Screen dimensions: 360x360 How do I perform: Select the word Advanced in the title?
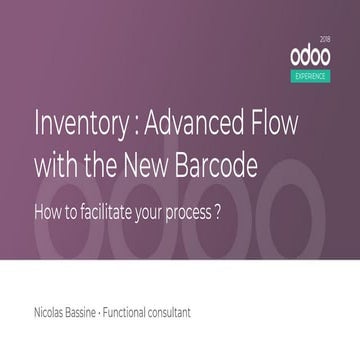pyautogui.click(x=194, y=130)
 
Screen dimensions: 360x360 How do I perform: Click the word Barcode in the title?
pyautogui.click(x=220, y=164)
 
